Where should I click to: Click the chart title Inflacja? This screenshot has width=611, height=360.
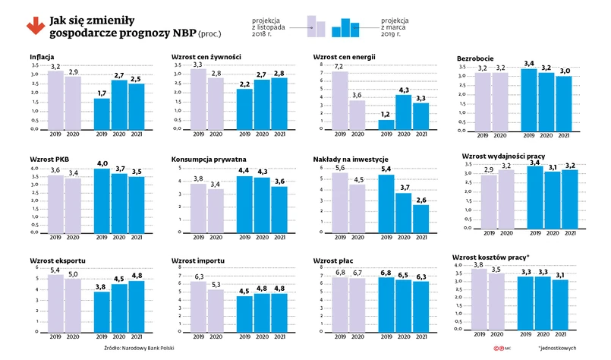[x=42, y=58]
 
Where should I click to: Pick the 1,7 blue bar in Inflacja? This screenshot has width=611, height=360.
[x=102, y=114]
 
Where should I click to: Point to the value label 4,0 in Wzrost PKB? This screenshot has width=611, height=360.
[x=102, y=163]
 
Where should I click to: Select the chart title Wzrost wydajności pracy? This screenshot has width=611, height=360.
[x=505, y=156]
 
